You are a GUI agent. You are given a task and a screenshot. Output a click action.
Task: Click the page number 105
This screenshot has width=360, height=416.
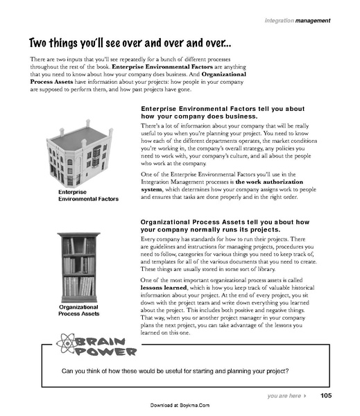tap(327, 395)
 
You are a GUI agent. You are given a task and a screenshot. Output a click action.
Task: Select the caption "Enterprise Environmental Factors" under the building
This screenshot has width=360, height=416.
tap(78, 195)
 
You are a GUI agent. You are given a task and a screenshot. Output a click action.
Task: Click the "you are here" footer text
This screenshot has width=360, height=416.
tap(283, 396)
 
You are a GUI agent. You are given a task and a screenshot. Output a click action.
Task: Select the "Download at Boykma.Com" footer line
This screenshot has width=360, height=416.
tap(179, 405)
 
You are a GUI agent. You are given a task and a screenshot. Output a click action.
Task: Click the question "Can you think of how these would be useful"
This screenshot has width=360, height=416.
tap(175, 370)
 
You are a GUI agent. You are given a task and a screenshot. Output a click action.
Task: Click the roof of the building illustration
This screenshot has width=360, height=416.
tap(69, 137)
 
